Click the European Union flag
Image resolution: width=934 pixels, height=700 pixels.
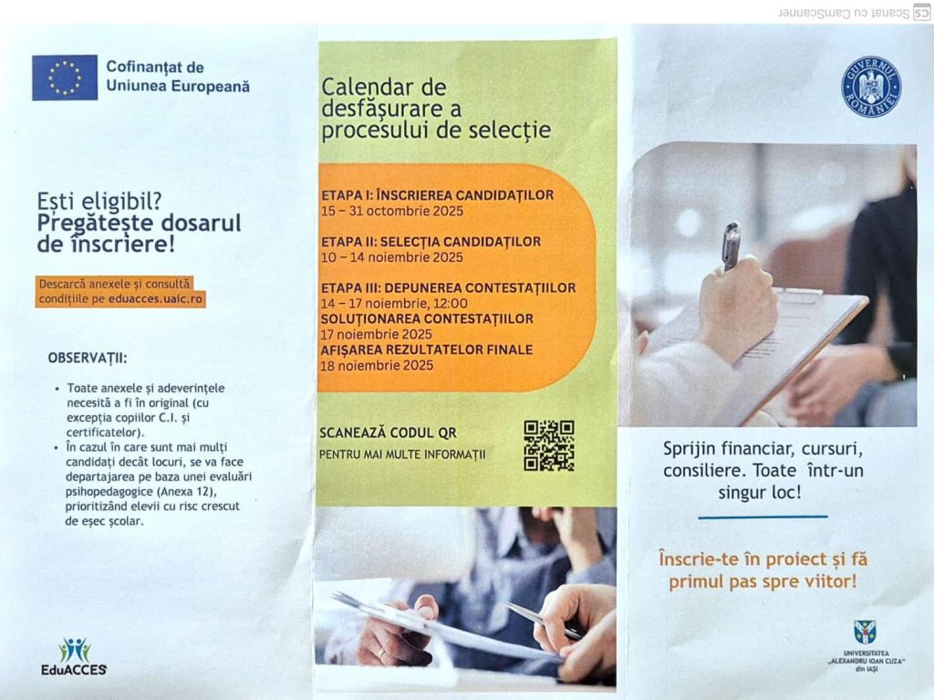[x=65, y=78]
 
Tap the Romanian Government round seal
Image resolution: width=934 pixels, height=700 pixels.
[x=871, y=87]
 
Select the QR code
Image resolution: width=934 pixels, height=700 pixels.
[x=548, y=445]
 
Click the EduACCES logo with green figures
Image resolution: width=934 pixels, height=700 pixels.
[x=74, y=656]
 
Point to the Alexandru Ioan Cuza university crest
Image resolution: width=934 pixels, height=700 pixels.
[x=865, y=632]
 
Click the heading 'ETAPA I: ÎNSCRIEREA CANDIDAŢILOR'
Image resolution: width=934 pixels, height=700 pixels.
[x=437, y=195]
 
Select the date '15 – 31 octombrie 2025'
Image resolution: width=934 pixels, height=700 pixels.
[x=392, y=211]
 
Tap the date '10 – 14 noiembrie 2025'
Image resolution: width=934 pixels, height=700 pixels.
[x=392, y=257]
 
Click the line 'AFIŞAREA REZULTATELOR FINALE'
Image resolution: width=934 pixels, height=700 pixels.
[x=427, y=350]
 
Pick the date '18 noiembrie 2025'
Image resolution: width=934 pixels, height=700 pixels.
[x=377, y=365]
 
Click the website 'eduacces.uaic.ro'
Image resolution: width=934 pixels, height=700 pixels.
[x=155, y=298]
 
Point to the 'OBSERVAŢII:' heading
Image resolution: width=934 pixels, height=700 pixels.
[x=88, y=359]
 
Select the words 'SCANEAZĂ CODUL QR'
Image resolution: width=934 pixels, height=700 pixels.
[x=388, y=433]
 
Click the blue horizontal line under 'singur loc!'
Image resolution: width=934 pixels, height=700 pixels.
[x=763, y=517]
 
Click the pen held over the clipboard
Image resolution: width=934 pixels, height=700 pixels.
[x=731, y=246]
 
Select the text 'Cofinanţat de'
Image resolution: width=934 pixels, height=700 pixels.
[x=155, y=68]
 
